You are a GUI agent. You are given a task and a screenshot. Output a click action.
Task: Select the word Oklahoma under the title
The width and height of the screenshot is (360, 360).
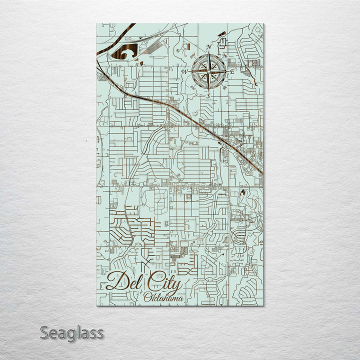coord(162,298)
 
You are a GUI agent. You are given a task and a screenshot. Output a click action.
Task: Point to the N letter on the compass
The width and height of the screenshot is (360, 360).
coord(208,47)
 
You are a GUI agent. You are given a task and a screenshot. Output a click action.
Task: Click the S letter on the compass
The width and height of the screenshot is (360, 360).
coord(209,96)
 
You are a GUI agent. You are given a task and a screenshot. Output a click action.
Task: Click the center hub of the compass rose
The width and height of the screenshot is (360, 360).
coord(208,72)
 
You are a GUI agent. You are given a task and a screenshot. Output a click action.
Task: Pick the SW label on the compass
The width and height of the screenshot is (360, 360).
coord(192,88)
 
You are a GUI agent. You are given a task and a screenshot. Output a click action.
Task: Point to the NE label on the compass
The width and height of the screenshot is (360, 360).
coord(225,55)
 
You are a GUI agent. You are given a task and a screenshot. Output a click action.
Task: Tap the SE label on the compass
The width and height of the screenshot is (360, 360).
coord(225,88)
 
